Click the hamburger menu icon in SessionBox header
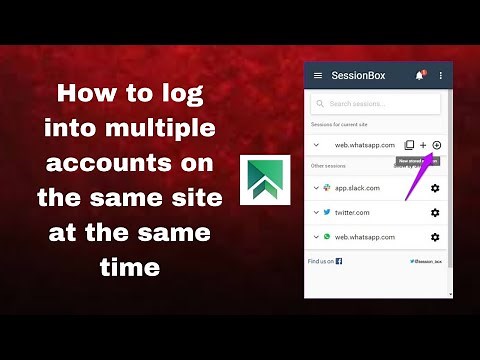coord(318,75)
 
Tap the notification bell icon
coord(419,75)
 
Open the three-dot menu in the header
coord(440,75)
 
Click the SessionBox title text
coord(360,75)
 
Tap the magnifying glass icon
coord(320,103)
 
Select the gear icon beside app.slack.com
coord(435,188)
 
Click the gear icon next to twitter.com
coord(435,212)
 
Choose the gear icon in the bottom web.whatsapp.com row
coord(435,237)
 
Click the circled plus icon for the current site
coord(437,146)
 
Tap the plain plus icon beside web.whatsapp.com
coord(423,146)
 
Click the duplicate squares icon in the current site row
coord(409,146)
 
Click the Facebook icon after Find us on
coord(339,261)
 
